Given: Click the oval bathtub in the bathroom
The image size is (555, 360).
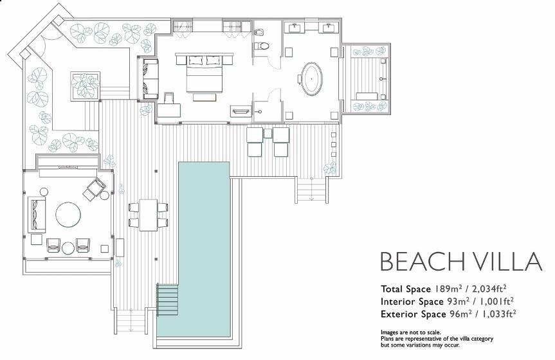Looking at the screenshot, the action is point(312,79).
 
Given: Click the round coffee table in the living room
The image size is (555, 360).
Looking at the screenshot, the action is point(68,215).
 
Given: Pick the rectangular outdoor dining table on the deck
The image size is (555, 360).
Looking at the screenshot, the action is point(149,215).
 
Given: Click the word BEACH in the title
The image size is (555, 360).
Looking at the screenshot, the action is point(422,261).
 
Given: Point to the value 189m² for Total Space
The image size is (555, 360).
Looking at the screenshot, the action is point(448,289).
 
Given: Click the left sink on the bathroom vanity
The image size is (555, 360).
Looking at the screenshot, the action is point(295,27).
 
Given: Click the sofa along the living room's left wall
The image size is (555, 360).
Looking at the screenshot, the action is point(37,215).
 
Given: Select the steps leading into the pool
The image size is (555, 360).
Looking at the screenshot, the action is point(167,300).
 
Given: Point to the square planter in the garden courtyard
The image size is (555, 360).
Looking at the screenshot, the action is point(85,86).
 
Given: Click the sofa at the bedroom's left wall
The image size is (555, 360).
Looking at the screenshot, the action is point(150,78).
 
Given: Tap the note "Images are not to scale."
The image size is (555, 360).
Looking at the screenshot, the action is point(410,332).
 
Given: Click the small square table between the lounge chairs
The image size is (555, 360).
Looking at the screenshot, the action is point(268,134).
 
